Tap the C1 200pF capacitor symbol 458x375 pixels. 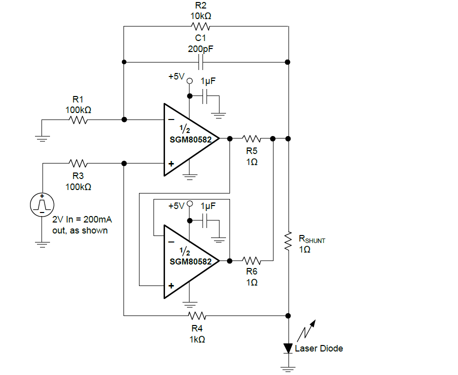click(201, 62)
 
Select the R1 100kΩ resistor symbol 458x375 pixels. click(78, 120)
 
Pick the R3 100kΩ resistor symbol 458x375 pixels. click(78, 163)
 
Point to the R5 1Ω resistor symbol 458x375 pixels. click(251, 138)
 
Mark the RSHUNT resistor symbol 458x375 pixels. click(288, 240)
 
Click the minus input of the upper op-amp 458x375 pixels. click(171, 120)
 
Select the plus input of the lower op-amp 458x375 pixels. click(171, 286)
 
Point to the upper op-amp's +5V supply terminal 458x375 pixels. click(189, 81)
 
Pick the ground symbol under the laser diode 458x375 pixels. click(288, 369)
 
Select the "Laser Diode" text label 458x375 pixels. click(319, 348)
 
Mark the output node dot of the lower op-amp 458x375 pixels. click(229, 260)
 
